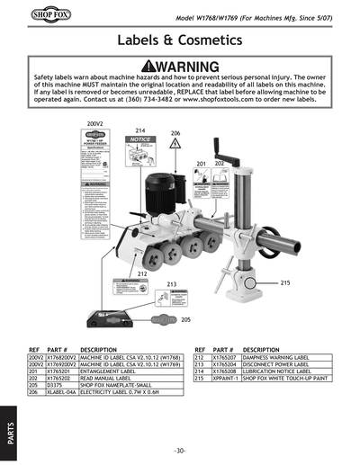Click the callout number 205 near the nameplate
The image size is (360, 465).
185,319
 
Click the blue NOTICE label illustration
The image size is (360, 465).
139,153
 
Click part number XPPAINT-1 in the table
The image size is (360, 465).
226,379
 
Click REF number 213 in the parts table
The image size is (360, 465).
201,363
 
